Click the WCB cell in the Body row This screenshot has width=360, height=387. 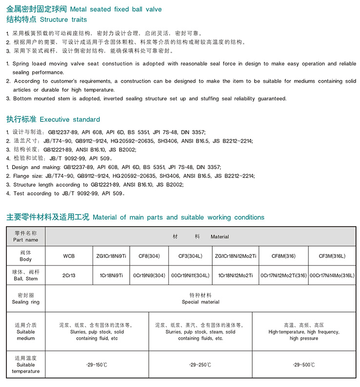pos(69,256)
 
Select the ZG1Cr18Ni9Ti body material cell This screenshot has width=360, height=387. pos(111,256)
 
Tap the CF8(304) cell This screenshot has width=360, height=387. pos(149,256)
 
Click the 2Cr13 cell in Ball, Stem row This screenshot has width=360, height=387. pos(69,275)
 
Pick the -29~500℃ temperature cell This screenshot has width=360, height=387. pos(303,365)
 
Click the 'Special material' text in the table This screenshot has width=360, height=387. pos(200,302)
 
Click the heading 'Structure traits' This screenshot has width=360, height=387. pos(63,19)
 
